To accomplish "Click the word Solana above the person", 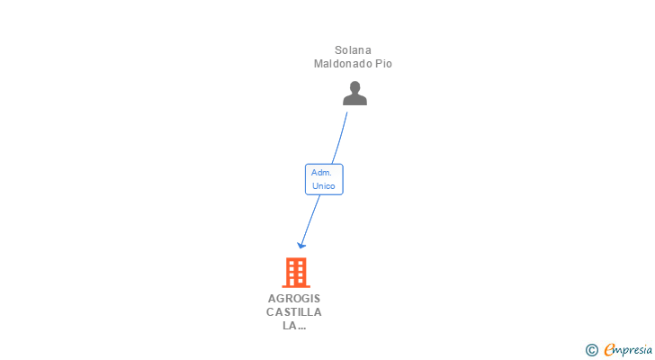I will point(353,50).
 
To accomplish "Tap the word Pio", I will point(384,64).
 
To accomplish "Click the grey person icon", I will point(355,94).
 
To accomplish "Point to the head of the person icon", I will point(355,87).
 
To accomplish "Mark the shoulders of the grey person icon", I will point(355,100).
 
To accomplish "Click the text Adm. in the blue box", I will point(321,172).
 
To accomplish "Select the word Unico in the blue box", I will point(324,186).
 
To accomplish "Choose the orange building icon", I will point(295,272).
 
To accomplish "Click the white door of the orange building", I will point(295,283).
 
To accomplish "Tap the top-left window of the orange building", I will point(290,263).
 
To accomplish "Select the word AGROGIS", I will point(294,298).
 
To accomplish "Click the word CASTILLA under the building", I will point(294,312).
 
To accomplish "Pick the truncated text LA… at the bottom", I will point(294,327).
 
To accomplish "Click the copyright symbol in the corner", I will point(592,350).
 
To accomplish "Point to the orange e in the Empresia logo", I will point(609,350).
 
